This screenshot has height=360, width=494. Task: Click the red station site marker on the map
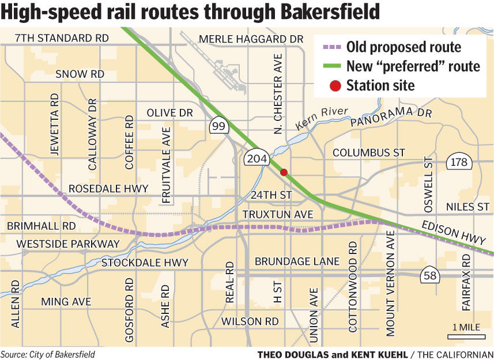tap(284, 172)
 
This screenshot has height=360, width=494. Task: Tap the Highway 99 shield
tap(219, 127)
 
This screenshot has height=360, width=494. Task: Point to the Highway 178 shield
tap(459, 162)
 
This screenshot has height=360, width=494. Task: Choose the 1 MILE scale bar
tap(466, 334)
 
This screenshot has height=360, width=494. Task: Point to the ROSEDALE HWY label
tap(108, 189)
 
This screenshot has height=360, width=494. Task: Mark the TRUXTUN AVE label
tap(277, 214)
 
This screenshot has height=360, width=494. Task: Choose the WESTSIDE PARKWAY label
tap(68, 244)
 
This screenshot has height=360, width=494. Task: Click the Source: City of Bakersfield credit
tap(48, 354)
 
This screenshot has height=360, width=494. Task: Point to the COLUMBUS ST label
tap(369, 153)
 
